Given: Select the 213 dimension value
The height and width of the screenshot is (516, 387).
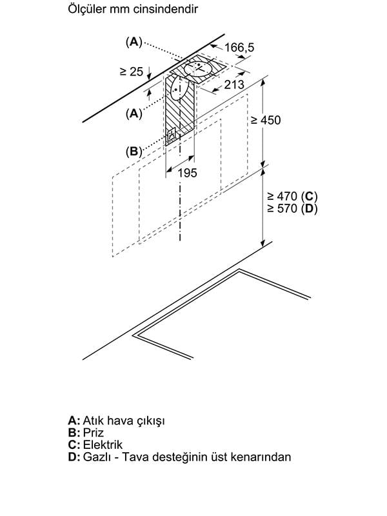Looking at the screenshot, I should (x=234, y=84).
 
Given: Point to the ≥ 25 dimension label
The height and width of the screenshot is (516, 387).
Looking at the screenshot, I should (x=131, y=72).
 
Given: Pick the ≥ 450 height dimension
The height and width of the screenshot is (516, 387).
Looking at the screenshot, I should (x=266, y=121).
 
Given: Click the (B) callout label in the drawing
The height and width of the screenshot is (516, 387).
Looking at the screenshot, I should (x=134, y=152).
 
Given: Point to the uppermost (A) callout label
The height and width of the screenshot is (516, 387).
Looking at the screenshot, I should (x=134, y=42).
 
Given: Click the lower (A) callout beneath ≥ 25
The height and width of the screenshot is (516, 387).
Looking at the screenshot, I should (x=134, y=112).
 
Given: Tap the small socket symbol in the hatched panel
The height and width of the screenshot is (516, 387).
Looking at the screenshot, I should (x=172, y=136).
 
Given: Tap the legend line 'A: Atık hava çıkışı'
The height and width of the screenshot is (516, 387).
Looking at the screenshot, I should (x=116, y=420).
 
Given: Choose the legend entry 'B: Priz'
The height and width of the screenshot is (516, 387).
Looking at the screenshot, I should (x=86, y=432).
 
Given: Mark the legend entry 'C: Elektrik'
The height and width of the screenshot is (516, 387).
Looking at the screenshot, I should (x=95, y=444).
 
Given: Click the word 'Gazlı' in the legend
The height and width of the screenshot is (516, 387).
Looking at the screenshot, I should (x=97, y=457).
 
